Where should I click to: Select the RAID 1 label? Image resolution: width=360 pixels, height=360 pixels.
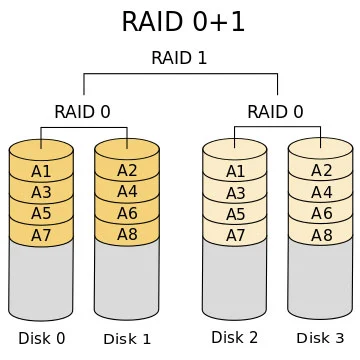(179, 58)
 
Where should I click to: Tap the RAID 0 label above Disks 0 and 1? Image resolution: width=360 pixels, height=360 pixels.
(82, 111)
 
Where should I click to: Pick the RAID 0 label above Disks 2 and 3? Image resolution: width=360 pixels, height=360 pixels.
(276, 111)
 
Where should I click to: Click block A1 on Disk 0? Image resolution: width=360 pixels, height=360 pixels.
(41, 170)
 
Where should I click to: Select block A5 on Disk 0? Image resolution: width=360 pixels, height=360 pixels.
(41, 213)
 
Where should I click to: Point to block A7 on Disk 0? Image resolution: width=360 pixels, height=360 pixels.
(41, 235)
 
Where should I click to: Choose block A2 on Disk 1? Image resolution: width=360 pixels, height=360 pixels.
(127, 170)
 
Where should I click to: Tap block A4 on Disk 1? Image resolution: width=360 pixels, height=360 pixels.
(127, 191)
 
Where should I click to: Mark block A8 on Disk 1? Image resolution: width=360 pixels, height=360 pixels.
(127, 235)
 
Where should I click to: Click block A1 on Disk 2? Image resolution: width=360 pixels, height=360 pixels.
(235, 170)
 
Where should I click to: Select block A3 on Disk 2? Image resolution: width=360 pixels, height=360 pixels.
(235, 192)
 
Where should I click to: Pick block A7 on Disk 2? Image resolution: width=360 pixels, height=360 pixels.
(235, 235)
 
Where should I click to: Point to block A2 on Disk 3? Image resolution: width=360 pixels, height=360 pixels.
(321, 170)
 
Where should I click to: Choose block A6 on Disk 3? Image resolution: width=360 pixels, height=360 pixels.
(321, 213)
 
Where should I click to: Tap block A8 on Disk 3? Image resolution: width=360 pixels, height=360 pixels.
(321, 235)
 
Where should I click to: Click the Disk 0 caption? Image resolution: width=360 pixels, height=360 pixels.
(41, 338)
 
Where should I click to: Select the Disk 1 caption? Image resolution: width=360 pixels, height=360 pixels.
(127, 338)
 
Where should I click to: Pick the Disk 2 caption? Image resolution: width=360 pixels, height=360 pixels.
(235, 338)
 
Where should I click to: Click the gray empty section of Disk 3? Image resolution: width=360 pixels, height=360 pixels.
(321, 280)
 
